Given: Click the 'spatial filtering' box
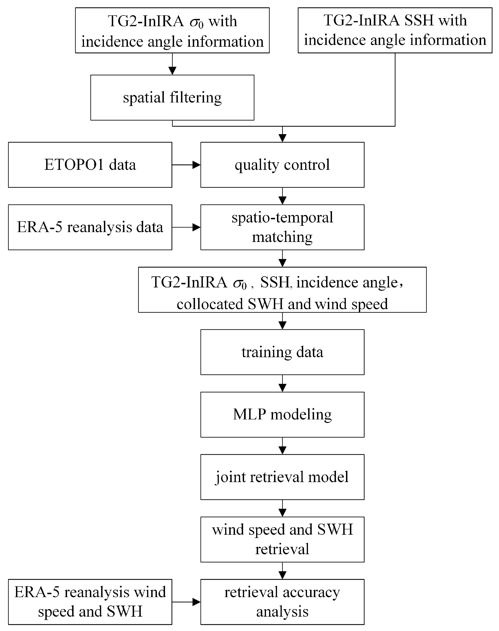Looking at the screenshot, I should [172, 98].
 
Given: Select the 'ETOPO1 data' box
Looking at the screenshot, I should [90, 165].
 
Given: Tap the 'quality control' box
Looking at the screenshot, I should [282, 165].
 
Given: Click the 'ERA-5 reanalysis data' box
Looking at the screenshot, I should [90, 227].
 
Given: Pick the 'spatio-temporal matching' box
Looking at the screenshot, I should [282, 227].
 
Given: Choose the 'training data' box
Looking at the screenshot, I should [282, 352].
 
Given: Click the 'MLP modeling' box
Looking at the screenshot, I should [282, 414].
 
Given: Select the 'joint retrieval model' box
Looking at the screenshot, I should [282, 477].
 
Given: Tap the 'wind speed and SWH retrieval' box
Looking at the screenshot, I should [282, 539].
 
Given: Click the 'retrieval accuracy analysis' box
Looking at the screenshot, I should [282, 602].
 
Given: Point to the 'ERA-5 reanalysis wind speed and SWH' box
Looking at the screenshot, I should [90, 602].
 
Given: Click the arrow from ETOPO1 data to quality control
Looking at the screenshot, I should [186, 165].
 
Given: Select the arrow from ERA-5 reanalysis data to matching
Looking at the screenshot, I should [186, 227].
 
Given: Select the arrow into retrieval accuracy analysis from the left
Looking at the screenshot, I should [186, 602].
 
